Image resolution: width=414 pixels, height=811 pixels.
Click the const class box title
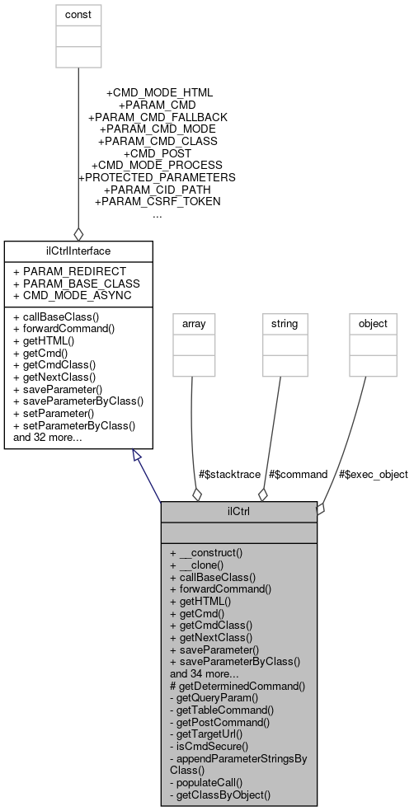tap(78, 15)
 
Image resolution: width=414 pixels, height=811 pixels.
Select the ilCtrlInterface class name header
tap(78, 250)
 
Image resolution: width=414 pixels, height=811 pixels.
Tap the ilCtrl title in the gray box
tap(238, 511)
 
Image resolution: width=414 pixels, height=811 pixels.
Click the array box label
tap(191, 324)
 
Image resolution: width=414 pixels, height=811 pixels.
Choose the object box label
tap(372, 324)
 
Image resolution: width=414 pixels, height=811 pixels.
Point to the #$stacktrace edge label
tap(229, 474)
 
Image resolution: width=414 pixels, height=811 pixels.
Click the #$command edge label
tap(299, 474)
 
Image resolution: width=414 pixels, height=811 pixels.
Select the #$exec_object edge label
tap(372, 474)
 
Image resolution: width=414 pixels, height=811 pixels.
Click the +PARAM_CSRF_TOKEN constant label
tap(158, 200)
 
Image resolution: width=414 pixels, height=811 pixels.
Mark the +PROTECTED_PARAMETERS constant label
tap(157, 176)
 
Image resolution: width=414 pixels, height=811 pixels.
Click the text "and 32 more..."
tap(48, 438)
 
